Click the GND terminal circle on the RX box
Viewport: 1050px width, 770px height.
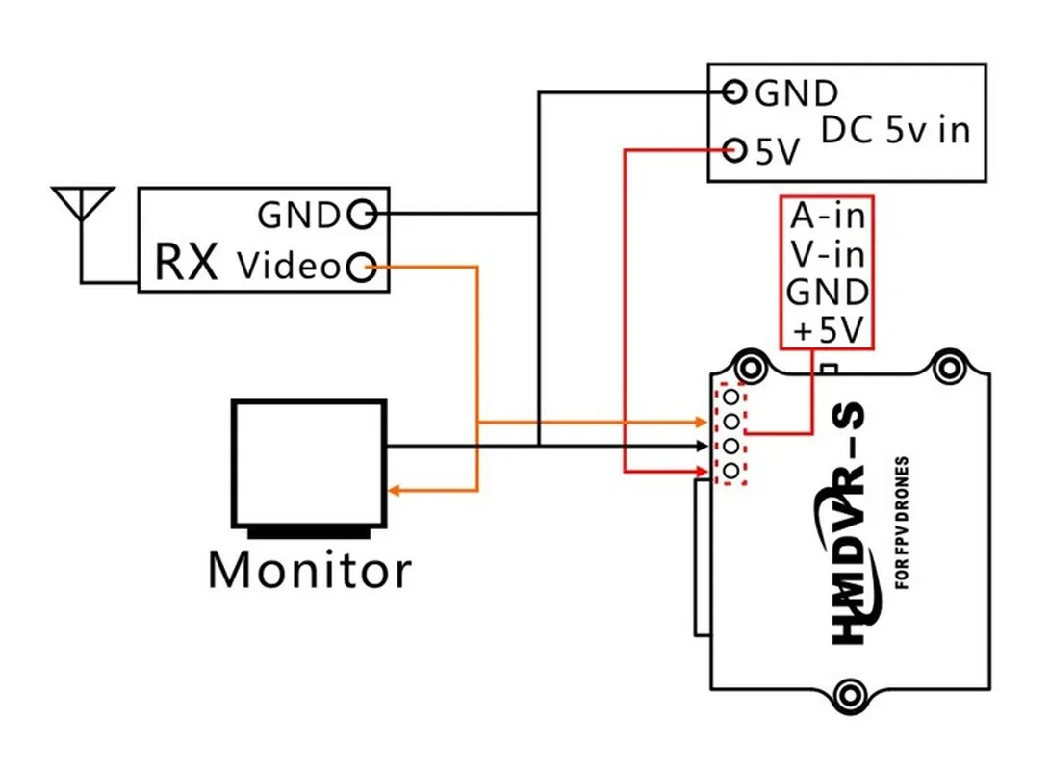point(361,214)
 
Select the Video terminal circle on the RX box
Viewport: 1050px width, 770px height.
point(361,267)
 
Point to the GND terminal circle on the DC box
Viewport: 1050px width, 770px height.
point(734,92)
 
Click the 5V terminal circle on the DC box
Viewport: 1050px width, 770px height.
point(734,150)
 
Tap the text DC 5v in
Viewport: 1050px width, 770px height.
point(895,129)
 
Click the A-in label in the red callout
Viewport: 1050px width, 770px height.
point(827,216)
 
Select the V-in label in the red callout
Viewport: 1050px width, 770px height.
point(827,254)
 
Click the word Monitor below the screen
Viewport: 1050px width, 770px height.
point(310,569)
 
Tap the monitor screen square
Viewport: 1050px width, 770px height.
point(309,462)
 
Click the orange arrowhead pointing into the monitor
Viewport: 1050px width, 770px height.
point(394,491)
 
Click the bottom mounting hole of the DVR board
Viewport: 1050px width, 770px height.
point(849,693)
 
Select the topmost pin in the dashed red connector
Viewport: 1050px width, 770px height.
point(733,396)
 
